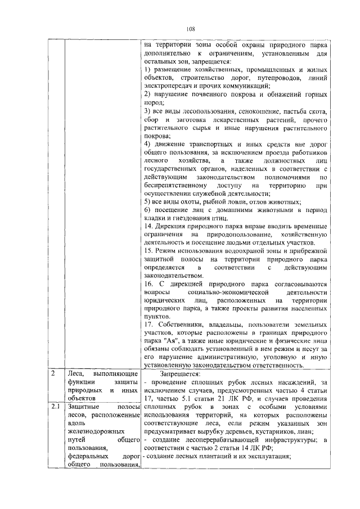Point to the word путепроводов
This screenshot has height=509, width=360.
[263, 79]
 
